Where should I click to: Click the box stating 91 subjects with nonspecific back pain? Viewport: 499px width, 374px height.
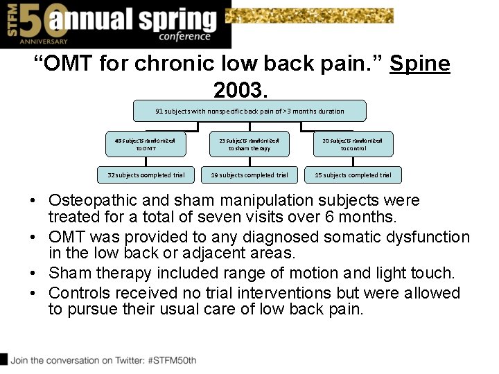(249, 111)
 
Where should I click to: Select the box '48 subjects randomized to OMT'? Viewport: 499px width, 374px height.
(146, 144)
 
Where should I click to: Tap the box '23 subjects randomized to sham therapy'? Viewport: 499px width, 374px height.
(249, 144)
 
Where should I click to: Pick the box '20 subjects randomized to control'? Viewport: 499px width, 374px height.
(353, 144)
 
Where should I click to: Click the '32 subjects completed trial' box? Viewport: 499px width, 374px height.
(146, 175)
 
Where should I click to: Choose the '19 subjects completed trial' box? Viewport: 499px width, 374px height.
(249, 175)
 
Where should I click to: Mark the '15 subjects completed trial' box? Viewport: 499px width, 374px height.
(353, 175)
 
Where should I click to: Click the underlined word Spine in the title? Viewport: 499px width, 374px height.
(419, 64)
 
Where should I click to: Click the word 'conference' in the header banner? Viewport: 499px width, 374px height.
(184, 37)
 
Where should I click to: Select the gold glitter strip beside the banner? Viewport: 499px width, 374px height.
(310, 15)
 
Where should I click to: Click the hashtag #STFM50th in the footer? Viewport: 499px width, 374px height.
(168, 360)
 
